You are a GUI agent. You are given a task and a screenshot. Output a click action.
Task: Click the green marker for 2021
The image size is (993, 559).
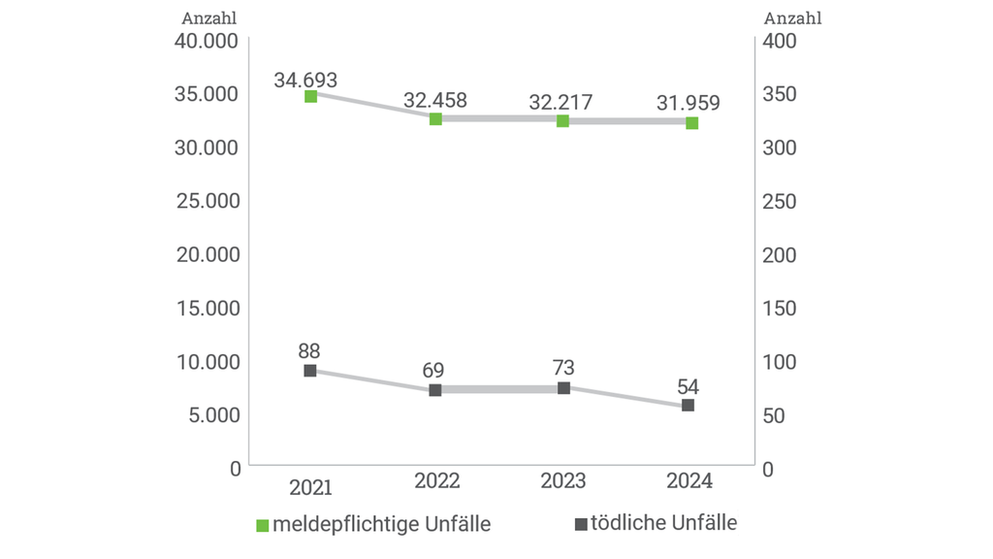310,96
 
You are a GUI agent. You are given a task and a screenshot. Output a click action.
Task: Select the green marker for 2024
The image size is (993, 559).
691,123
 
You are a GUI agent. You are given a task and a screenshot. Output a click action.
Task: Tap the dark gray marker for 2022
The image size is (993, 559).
435,389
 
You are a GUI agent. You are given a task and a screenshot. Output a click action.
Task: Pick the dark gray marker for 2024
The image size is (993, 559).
688,405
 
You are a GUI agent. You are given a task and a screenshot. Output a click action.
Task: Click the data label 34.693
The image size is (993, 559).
305,80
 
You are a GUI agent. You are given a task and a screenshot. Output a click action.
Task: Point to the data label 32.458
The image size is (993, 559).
435,100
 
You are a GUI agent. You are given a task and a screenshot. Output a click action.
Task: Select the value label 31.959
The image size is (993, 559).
688,103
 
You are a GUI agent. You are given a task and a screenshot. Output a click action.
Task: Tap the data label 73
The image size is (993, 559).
563,368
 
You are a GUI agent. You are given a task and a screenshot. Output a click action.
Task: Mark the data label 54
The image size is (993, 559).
688,385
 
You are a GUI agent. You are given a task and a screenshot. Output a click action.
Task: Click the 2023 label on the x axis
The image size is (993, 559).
563,481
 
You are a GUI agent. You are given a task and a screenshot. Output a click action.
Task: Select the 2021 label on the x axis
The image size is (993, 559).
310,484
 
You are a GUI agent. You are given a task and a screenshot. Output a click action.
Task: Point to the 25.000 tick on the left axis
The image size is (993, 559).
208,201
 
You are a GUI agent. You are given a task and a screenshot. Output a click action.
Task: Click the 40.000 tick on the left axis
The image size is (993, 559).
208,41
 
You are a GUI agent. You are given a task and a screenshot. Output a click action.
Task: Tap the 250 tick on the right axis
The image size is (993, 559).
782,201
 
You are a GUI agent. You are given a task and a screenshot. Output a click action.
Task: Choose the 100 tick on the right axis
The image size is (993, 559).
782,361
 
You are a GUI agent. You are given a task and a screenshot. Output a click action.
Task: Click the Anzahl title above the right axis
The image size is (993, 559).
792,17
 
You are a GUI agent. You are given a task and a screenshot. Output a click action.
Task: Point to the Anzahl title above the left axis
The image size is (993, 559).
208,17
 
